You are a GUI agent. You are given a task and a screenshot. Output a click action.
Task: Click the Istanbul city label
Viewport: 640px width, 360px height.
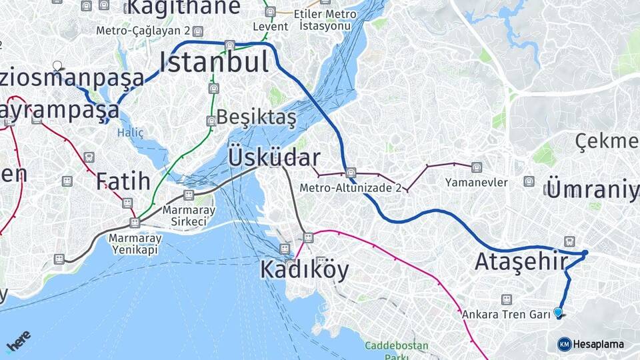click(x=214, y=63)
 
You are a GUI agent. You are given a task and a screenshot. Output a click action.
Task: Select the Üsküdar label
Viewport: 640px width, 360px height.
click(x=274, y=158)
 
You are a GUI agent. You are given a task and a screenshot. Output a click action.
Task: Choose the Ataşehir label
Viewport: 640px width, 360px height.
click(x=521, y=262)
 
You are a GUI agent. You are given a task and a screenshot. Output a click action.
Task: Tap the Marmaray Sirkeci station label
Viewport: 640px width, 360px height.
click(x=193, y=215)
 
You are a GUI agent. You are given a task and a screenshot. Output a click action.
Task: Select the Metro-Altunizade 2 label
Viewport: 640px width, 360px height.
click(x=350, y=188)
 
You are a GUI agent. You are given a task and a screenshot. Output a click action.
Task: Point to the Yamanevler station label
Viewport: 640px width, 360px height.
click(x=477, y=183)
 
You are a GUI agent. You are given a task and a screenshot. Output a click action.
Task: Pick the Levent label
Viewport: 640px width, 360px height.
click(x=271, y=27)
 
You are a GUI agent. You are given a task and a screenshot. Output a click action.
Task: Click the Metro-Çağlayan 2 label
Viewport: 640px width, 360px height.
click(x=143, y=31)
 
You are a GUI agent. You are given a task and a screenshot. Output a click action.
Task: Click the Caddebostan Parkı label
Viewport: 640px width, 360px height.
click(x=396, y=351)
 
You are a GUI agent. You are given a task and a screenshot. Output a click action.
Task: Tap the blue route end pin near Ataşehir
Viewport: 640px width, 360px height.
click(x=558, y=312)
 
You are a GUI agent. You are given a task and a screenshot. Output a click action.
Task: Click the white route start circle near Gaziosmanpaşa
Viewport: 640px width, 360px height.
click(x=57, y=66)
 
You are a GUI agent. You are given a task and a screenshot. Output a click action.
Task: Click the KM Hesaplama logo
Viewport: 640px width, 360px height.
click(x=591, y=344)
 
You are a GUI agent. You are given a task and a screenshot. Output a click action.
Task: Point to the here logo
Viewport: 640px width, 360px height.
click(x=19, y=341)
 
